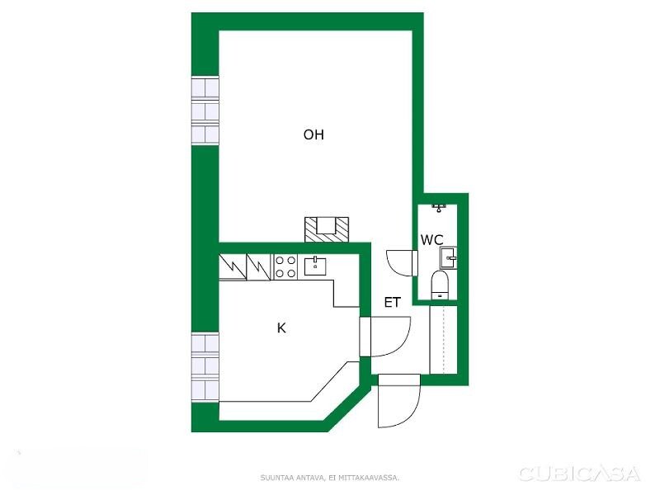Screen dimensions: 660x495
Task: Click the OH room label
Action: coord(313,134)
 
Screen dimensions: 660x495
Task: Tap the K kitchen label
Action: coord(281,328)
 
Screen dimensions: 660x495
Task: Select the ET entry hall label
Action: coord(393,302)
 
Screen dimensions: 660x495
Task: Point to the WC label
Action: coord(431,240)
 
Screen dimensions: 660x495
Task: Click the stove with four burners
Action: coord(285,266)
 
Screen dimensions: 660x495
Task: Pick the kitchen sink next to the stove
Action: coord(315,266)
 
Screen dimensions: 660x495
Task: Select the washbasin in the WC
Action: coord(448,257)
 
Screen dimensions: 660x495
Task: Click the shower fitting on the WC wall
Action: coord(439,208)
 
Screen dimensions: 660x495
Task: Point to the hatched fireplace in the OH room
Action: coord(327,229)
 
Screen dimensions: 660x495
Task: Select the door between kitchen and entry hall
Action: coord(385,337)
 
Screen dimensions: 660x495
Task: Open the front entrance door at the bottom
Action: coord(399,401)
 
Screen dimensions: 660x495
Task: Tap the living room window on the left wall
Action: coord(205,111)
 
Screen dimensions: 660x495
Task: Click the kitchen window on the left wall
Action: coord(205,367)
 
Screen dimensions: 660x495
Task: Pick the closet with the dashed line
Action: coord(443,340)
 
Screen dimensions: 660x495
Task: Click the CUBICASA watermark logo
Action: coord(580,474)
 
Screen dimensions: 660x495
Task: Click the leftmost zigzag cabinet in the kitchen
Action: coord(233,266)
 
